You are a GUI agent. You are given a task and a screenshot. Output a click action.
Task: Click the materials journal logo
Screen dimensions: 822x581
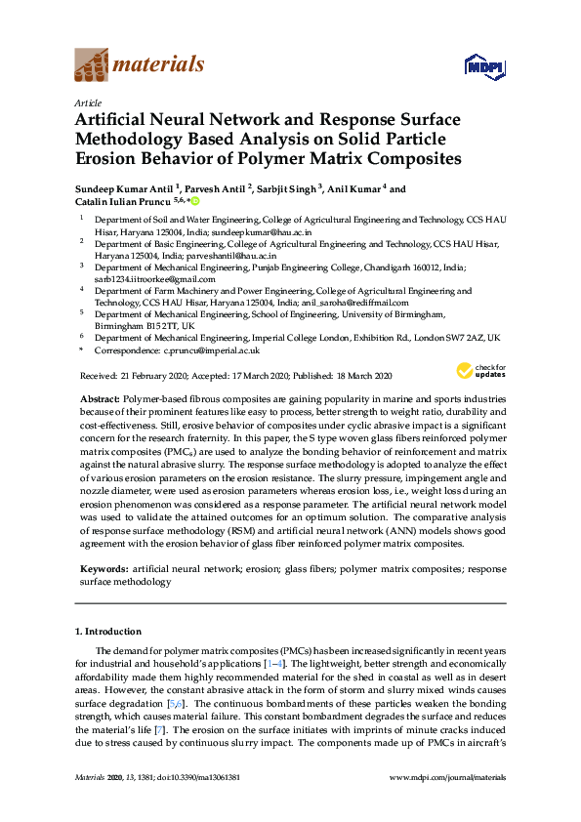(x=140, y=65)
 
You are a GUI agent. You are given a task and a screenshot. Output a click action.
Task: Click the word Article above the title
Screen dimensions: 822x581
(x=86, y=103)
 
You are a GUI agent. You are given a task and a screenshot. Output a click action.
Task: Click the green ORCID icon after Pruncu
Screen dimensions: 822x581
(x=195, y=201)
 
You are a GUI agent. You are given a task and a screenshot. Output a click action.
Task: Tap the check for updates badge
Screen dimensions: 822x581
(x=480, y=370)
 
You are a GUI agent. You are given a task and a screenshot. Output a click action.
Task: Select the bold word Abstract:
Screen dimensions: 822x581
(x=98, y=400)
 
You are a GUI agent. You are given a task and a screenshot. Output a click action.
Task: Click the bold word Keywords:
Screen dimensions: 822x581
(x=103, y=567)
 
